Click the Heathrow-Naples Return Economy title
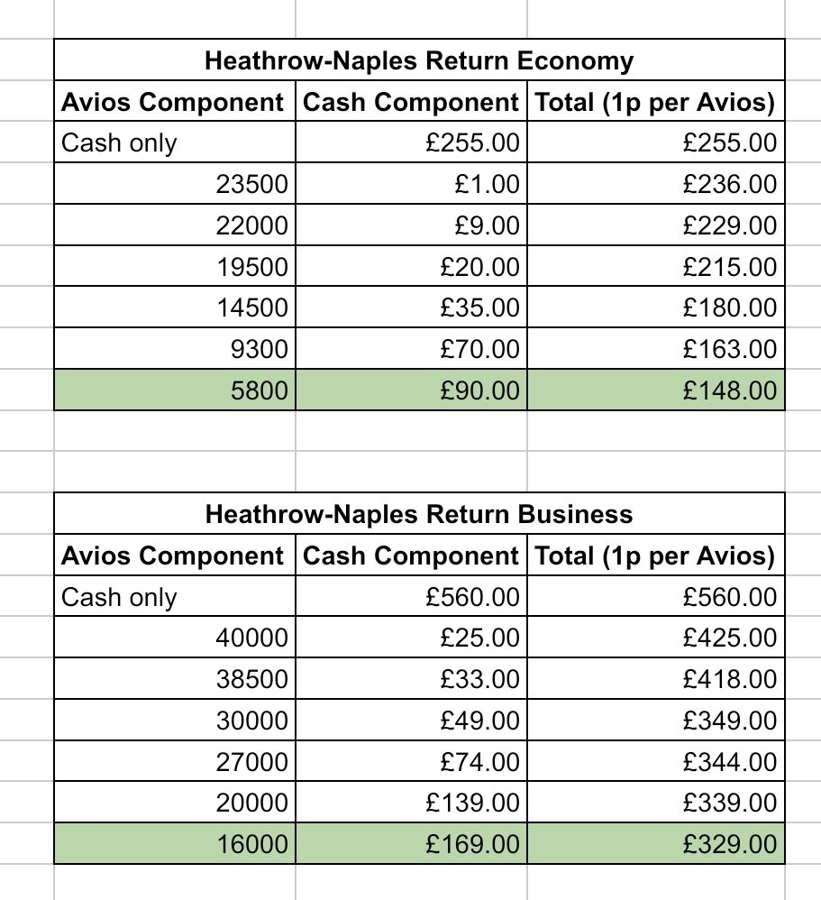pos(419,61)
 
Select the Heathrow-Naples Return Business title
pos(419,515)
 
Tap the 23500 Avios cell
pos(251,185)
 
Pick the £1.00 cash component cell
pos(487,185)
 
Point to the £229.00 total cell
pos(729,226)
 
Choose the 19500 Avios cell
pos(251,267)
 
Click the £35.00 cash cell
pos(479,308)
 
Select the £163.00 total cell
pos(729,349)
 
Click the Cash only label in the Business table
pos(119,597)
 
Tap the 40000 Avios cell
pos(251,638)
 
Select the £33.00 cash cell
pos(479,679)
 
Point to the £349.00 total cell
pos(729,721)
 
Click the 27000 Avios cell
pos(251,762)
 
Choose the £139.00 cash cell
pos(473,803)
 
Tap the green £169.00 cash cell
pos(473,845)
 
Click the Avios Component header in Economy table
pos(172,103)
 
